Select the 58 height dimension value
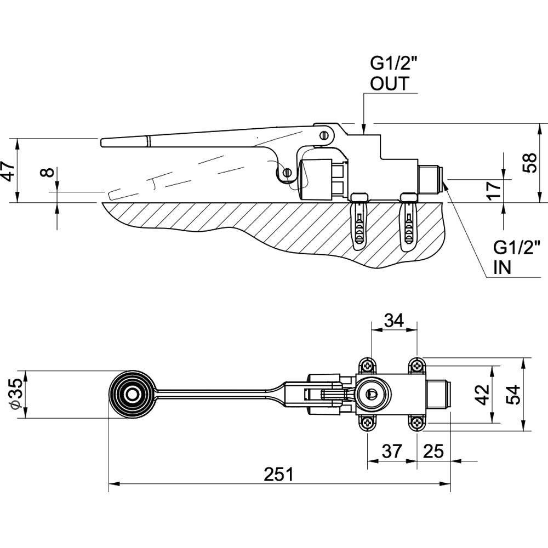point(529,163)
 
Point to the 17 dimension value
point(494,189)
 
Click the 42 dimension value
point(482,393)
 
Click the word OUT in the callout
point(389,84)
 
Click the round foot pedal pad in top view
point(132,394)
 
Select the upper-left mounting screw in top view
point(367,364)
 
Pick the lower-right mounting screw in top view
point(417,423)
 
